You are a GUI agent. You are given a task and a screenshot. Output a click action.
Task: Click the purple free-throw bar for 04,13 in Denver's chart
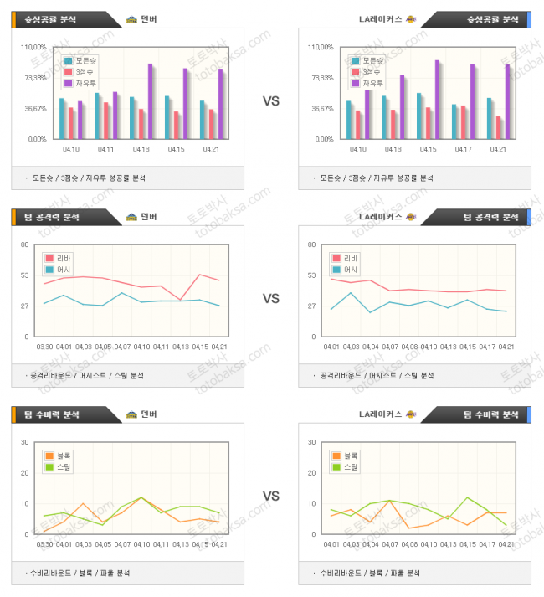[151, 101]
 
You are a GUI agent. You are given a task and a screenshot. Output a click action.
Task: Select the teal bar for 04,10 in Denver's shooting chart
[62, 118]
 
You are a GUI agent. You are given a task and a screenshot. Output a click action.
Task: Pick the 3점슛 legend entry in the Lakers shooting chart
[371, 72]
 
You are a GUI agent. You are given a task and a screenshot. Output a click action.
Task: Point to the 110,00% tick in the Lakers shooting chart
[321, 47]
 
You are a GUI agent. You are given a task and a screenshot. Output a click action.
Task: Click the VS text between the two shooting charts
[271, 101]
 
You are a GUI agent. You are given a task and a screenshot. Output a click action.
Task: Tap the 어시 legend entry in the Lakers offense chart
[350, 270]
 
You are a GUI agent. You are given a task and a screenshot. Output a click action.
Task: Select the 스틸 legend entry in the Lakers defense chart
[350, 466]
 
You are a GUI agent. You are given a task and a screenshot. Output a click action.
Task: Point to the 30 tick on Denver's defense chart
[26, 442]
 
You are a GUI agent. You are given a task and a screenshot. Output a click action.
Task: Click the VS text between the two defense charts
[271, 496]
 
